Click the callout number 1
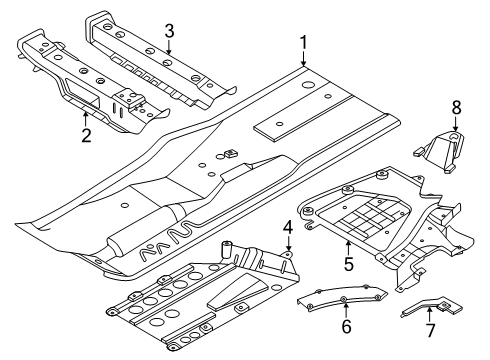tap(303, 43)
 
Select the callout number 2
tap(86, 136)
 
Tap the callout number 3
tap(169, 31)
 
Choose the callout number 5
tap(348, 264)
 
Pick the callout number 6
tap(346, 326)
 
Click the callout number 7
tap(431, 330)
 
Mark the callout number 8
tap(456, 107)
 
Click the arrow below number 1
tap(303, 59)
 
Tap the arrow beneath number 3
tap(169, 47)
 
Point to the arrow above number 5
tap(348, 248)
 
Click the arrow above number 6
tap(346, 310)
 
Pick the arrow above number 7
tap(430, 315)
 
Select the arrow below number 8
tap(456, 124)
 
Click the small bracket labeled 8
tap(440, 152)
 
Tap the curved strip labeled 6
tap(342, 297)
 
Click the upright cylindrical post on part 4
tap(227, 249)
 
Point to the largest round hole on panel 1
tap(308, 85)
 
